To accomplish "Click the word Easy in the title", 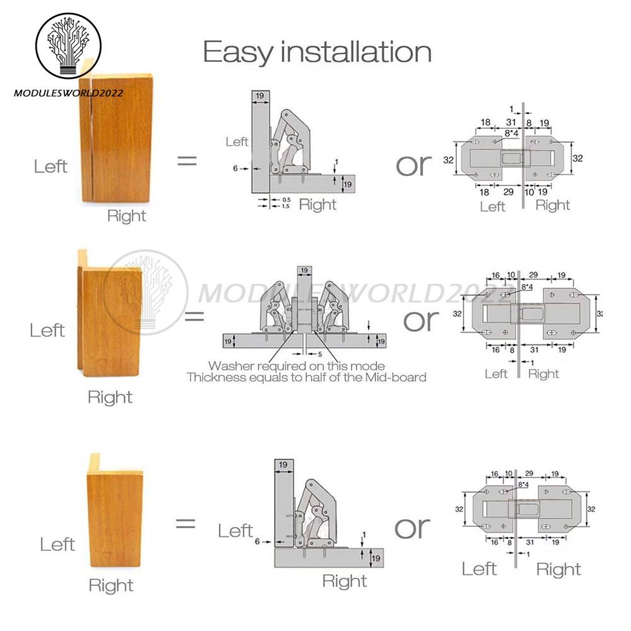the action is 239,53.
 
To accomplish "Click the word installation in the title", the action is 356,52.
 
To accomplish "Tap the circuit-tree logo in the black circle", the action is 68,45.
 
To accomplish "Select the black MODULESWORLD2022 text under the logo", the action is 68,93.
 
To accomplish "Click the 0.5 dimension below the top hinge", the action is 286,199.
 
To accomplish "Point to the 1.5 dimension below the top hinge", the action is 286,206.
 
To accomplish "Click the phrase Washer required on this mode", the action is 297,366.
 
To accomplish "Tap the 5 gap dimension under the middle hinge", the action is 320,355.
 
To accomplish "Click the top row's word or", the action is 414,165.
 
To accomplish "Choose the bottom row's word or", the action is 413,528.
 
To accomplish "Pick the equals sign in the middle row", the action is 194,316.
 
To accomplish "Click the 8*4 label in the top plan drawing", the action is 512,133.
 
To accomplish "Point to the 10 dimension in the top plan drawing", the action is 529,192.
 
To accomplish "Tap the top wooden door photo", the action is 116,133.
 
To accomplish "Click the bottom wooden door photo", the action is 115,510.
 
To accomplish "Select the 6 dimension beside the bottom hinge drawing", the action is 257,541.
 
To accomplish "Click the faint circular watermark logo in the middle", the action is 146,293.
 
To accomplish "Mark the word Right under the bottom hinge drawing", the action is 345,581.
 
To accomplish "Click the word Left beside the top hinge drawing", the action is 237,141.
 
